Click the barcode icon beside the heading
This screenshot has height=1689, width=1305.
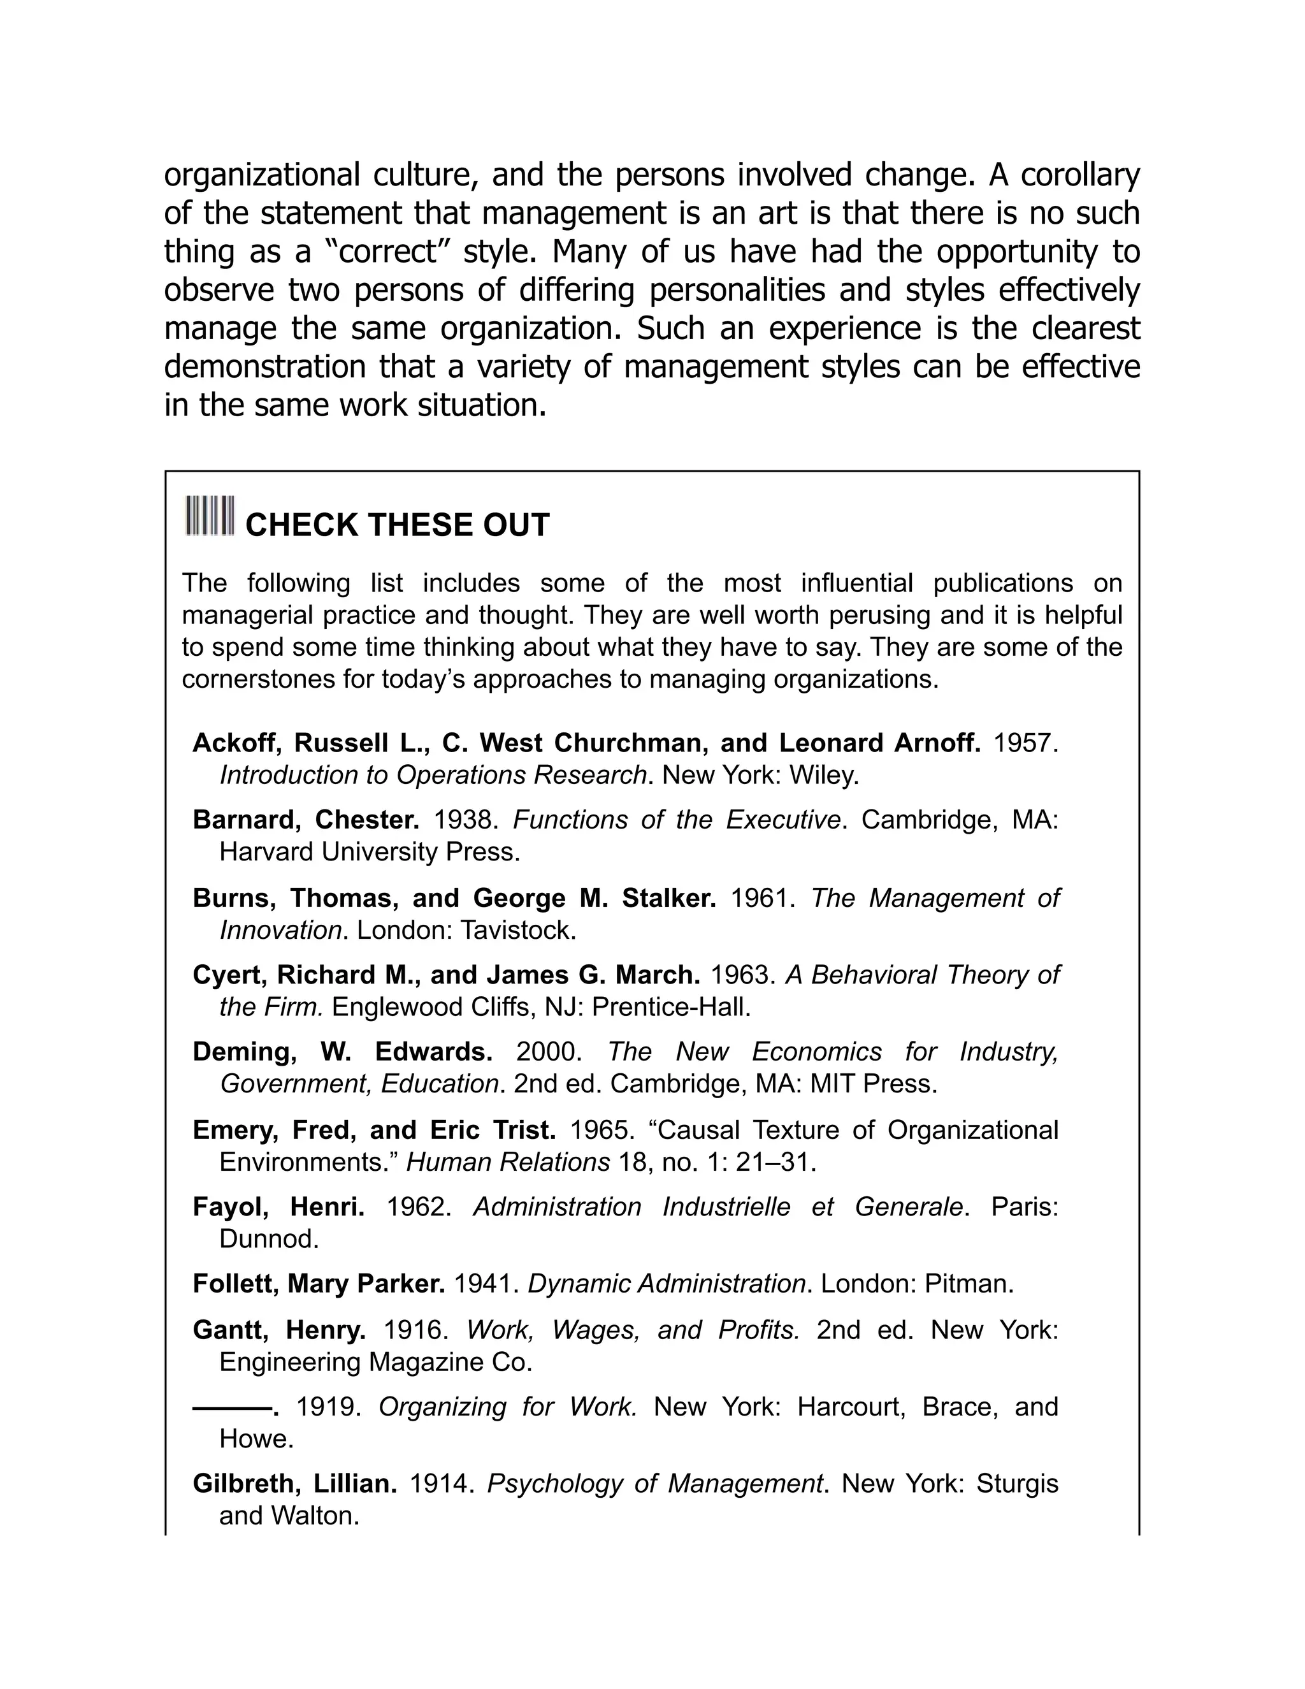pyautogui.click(x=210, y=515)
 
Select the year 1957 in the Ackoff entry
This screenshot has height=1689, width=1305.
pyautogui.click(x=1023, y=743)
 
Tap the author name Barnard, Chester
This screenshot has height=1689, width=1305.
pyautogui.click(x=306, y=819)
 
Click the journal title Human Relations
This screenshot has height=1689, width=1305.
pyautogui.click(x=508, y=1161)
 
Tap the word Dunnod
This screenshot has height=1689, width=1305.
pyautogui.click(x=268, y=1239)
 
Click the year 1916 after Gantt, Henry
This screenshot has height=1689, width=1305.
pyautogui.click(x=416, y=1330)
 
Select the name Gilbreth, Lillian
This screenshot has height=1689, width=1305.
pyautogui.click(x=294, y=1484)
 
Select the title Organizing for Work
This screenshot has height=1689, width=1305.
pyautogui.click(x=507, y=1407)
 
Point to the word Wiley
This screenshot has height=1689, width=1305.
pyautogui.click(x=823, y=775)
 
